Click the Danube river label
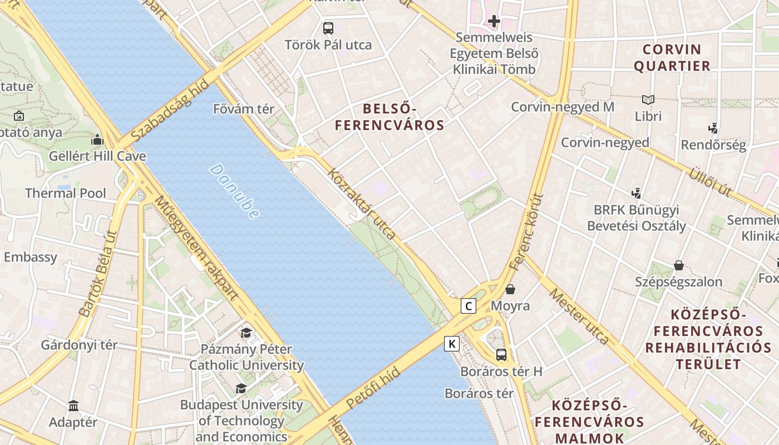coord(234,191)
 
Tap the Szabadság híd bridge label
coord(170,110)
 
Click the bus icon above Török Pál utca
coord(328,28)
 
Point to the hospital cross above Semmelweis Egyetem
coord(494,22)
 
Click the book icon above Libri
coord(648,100)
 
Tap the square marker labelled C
coord(469,305)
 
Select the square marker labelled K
coord(452,344)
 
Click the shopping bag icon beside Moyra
coord(510,289)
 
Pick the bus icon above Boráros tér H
coord(501,354)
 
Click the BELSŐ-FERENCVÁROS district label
coord(389,117)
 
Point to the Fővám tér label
coord(244,109)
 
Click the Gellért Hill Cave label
coord(97,156)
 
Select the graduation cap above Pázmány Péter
coord(246,333)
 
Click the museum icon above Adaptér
coord(73,406)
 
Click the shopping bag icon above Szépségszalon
coord(678,265)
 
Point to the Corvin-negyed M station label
coord(563,107)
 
